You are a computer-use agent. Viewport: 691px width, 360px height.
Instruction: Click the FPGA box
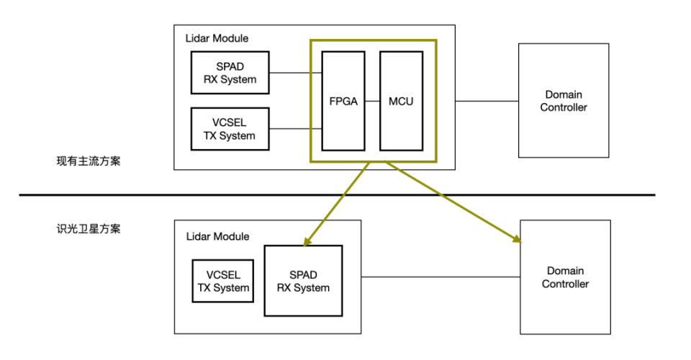click(x=343, y=101)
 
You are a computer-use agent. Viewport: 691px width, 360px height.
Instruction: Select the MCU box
click(x=400, y=101)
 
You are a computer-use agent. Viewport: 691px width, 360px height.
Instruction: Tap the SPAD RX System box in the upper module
click(x=230, y=73)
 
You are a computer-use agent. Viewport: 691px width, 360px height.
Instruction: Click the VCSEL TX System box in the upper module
click(x=230, y=129)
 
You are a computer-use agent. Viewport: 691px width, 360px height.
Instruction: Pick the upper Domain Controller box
click(x=563, y=101)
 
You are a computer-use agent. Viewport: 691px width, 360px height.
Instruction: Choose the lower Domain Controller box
click(x=564, y=277)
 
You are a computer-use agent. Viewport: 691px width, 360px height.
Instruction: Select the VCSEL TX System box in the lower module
click(x=223, y=281)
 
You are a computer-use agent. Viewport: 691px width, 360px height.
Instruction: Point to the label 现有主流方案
click(x=89, y=161)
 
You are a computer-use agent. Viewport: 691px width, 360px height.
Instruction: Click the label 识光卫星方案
click(x=89, y=229)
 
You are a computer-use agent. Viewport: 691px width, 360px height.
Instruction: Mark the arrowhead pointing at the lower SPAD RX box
click(x=308, y=240)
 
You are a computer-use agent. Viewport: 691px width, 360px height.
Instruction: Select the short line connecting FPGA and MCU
click(x=372, y=101)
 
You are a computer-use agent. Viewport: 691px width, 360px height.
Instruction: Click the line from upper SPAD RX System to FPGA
click(x=295, y=73)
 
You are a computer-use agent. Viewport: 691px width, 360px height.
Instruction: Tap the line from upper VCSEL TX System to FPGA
click(x=295, y=129)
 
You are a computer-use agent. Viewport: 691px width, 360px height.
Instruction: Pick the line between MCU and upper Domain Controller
click(x=486, y=101)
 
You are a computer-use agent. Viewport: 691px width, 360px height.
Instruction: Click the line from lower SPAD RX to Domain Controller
click(x=441, y=277)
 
